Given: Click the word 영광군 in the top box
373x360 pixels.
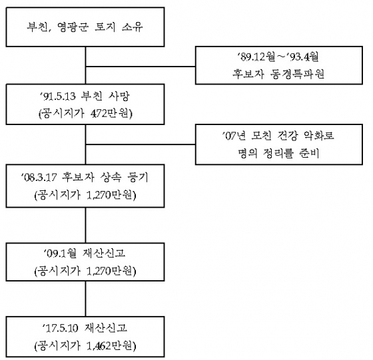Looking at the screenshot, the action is tap(73, 27).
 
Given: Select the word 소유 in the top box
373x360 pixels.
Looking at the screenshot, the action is tap(133, 27).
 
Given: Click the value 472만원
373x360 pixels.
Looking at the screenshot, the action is tap(110, 114).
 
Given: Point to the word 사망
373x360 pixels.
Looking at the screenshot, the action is tap(119, 96).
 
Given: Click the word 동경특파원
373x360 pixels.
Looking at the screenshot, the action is tap(297, 75).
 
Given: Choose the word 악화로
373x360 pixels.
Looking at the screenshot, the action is tap(318, 136).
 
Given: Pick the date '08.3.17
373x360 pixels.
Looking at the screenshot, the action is tap(39, 178).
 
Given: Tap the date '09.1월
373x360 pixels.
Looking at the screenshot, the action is tap(60, 254).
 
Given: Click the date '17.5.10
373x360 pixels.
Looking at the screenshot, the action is tap(60, 328).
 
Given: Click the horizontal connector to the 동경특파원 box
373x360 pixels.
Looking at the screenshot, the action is tap(141, 67).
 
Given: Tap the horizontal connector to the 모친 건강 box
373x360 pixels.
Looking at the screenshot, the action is tap(141, 144).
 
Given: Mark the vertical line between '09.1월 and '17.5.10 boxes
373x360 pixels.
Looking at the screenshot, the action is tap(86, 299).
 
